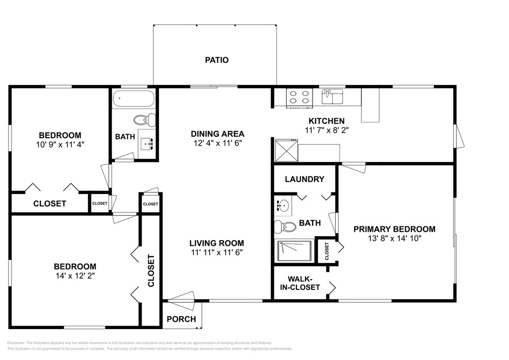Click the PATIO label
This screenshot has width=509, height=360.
pos(217,60)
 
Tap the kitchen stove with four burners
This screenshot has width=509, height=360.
pos(299,98)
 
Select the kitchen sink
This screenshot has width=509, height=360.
pos(332,96)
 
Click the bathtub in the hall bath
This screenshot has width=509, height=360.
pos(133,98)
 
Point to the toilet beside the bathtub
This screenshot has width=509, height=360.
pos(145,120)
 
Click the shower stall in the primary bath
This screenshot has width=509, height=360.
pos(294,251)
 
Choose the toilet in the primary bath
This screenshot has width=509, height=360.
pos(285,227)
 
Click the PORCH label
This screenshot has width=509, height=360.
pos(181,319)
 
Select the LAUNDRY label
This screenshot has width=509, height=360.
pos(305,179)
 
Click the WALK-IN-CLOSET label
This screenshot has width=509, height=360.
pos(300,283)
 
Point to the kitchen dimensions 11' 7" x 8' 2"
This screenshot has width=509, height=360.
pos(327,130)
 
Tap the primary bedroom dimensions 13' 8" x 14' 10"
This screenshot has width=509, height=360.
pos(394,239)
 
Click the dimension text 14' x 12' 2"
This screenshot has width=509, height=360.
pos(75,276)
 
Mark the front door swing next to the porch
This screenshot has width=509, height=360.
pos(181,301)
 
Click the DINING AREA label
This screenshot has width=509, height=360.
pos(218,134)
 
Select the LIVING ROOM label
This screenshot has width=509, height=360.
pos(217,243)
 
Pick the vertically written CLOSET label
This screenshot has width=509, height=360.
pos(151,270)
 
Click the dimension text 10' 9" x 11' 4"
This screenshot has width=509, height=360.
pos(60,145)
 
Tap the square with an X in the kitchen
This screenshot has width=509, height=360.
pos(286,150)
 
